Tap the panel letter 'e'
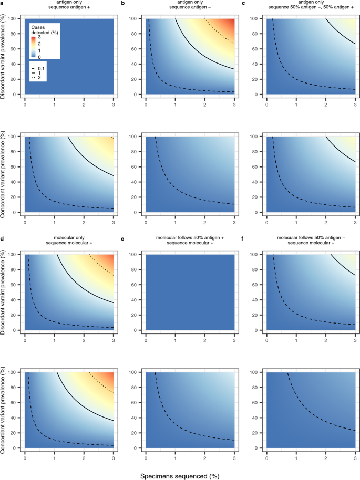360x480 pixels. pyautogui.click(x=122, y=238)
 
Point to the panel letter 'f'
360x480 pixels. pyautogui.click(x=243, y=238)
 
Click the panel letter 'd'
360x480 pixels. pyautogui.click(x=3, y=238)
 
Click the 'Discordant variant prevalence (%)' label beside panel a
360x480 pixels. pyautogui.click(x=5, y=57)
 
